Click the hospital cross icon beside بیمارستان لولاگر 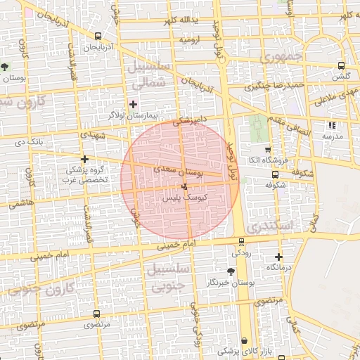[x=133, y=103]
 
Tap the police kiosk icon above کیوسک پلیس [x=184, y=188]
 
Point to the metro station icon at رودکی [x=241, y=242]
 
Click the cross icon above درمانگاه [x=278, y=257]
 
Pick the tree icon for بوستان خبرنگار [x=231, y=271]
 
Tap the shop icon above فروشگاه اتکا [x=267, y=150]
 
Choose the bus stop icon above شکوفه [x=274, y=174]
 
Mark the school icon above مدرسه [x=330, y=125]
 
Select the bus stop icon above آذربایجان [x=97, y=37]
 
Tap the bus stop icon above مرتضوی [x=96, y=314]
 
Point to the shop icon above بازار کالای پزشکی [x=244, y=340]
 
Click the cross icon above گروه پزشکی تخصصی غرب [x=85, y=159]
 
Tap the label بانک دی [x=30, y=142]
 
